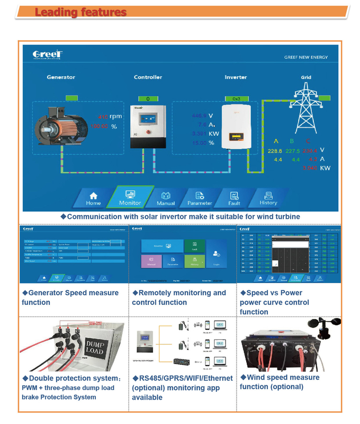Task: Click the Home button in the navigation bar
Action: pyautogui.click(x=93, y=198)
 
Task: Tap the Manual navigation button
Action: pyautogui.click(x=166, y=198)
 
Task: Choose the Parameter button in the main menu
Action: pyautogui.click(x=200, y=198)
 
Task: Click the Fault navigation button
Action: pyautogui.click(x=235, y=198)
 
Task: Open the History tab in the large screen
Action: pyautogui.click(x=268, y=198)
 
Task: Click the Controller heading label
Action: pyautogui.click(x=148, y=77)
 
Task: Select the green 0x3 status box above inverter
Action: pyautogui.click(x=236, y=99)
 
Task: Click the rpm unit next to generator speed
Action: pyautogui.click(x=115, y=116)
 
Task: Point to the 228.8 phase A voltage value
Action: pyautogui.click(x=275, y=151)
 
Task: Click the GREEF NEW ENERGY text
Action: pyautogui.click(x=305, y=57)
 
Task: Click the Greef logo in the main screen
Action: pyautogui.click(x=48, y=55)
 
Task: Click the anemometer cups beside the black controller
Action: pyautogui.click(x=325, y=327)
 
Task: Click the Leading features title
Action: pyautogui.click(x=80, y=12)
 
